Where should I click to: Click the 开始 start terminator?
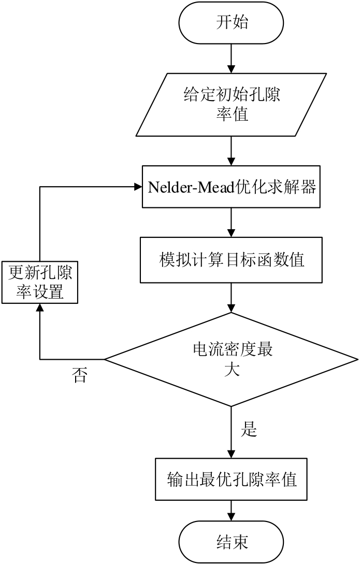(x=231, y=23)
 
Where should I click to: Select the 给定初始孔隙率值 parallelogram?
(x=231, y=104)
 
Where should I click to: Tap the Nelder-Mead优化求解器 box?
(x=231, y=187)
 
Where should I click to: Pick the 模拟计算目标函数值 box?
(x=231, y=259)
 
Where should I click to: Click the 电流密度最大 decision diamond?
(x=231, y=359)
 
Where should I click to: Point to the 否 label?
(x=80, y=376)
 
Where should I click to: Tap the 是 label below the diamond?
(x=250, y=429)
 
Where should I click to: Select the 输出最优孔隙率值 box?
(x=231, y=479)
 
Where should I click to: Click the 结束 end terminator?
(x=231, y=542)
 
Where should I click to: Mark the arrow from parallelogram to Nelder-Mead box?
(x=231, y=151)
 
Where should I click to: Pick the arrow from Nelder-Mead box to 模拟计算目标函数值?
(x=231, y=223)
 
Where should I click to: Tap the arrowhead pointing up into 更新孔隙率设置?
(x=40, y=307)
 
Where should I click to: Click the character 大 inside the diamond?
(x=231, y=371)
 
